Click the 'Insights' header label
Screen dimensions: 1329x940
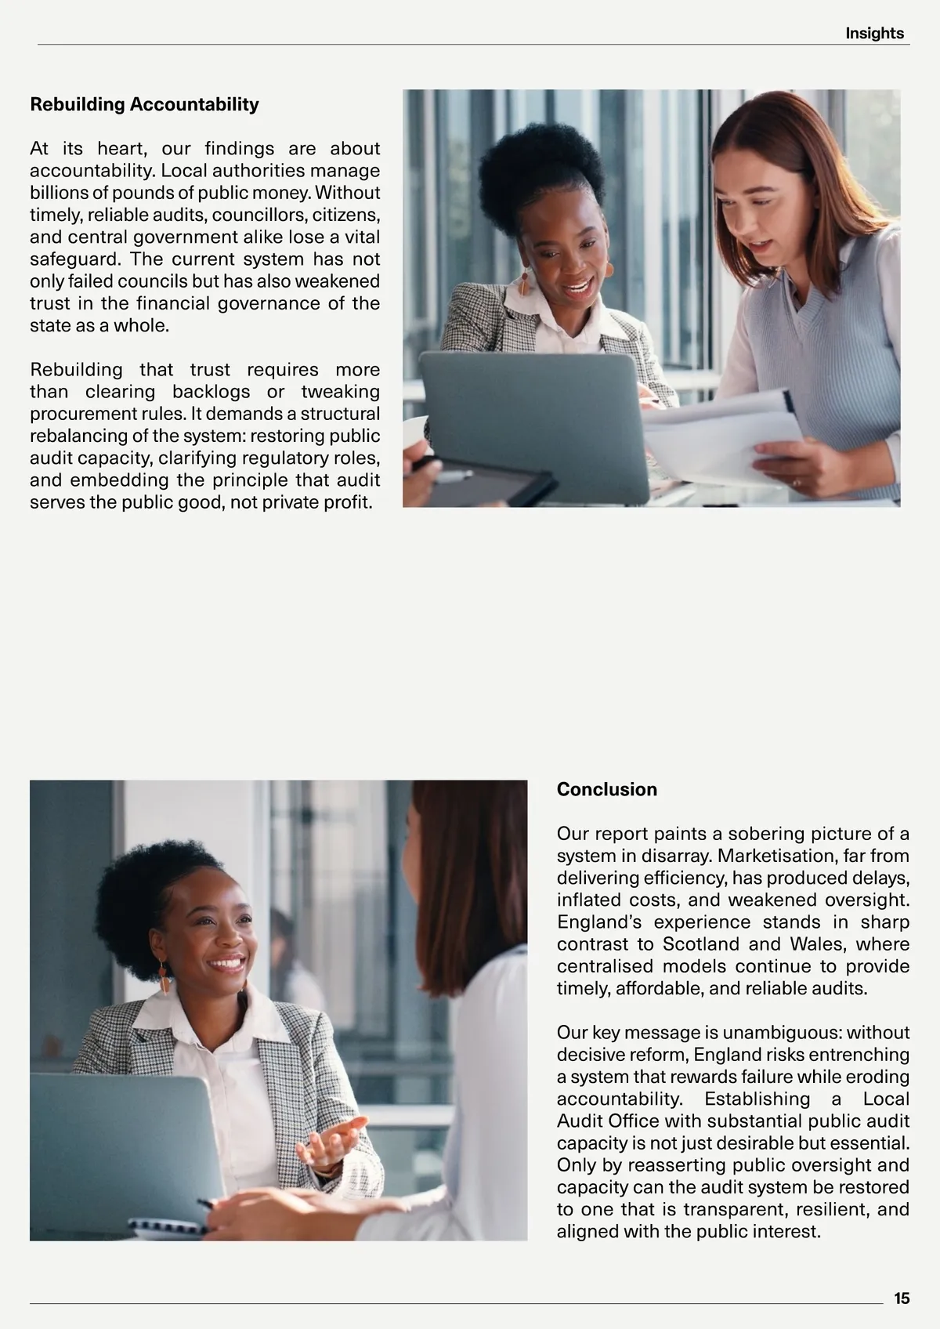point(874,33)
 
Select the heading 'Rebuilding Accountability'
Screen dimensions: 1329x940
point(144,104)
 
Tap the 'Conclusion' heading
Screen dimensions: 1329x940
point(606,789)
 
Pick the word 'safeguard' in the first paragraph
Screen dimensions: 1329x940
point(74,259)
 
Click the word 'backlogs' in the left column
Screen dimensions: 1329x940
point(211,391)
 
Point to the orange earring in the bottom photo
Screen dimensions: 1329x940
point(164,979)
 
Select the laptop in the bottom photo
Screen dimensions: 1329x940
point(117,1152)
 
